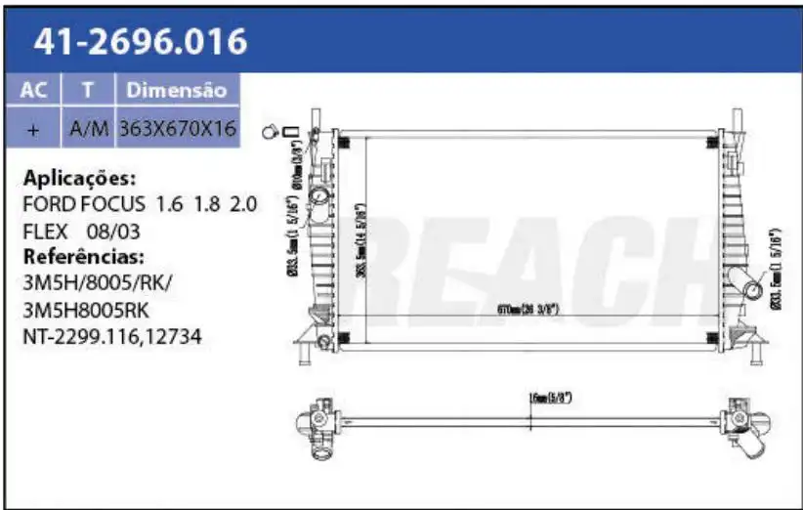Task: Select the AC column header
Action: click(33, 90)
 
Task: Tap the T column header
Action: click(88, 90)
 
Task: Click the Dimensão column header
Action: click(177, 90)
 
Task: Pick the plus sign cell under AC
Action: click(33, 128)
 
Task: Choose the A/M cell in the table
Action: click(88, 128)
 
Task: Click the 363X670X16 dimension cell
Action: click(177, 128)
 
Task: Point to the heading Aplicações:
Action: click(79, 178)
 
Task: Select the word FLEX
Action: click(45, 232)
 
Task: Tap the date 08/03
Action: click(113, 232)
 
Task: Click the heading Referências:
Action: click(83, 257)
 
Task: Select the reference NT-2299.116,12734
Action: click(113, 337)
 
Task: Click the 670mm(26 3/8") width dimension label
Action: click(528, 309)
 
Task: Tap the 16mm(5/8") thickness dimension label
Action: click(549, 398)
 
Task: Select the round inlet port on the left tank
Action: click(319, 197)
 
